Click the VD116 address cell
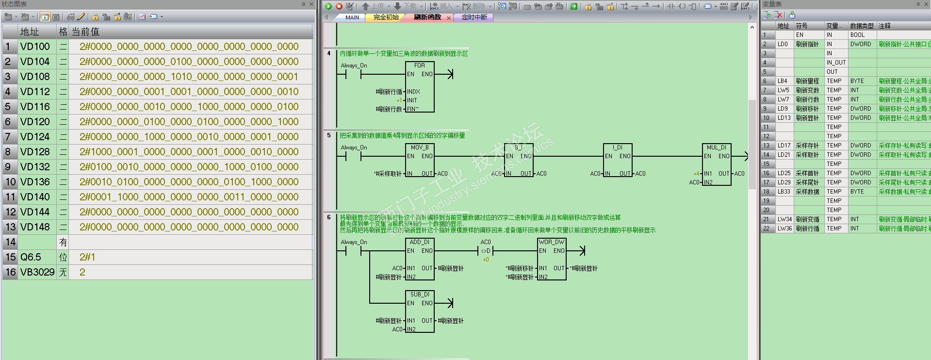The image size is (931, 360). coord(35,107)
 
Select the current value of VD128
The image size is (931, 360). coord(189,152)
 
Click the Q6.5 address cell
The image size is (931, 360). coord(31,257)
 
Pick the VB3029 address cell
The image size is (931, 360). coord(37,272)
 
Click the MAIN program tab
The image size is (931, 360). coord(352,17)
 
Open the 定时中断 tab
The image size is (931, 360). coord(474,17)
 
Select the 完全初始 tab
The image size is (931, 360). coord(386,17)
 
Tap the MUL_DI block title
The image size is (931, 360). coord(716,147)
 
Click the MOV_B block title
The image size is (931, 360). coord(419,147)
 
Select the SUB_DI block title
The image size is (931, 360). coord(419,295)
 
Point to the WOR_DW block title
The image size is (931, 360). coord(552,242)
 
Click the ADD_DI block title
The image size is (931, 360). coord(419,242)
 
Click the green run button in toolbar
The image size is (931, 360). coord(328,6)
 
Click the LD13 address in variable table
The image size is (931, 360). coord(784,118)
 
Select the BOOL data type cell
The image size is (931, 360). coord(857,35)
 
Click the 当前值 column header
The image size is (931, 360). coord(85,32)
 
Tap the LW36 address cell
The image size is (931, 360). coord(784,229)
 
